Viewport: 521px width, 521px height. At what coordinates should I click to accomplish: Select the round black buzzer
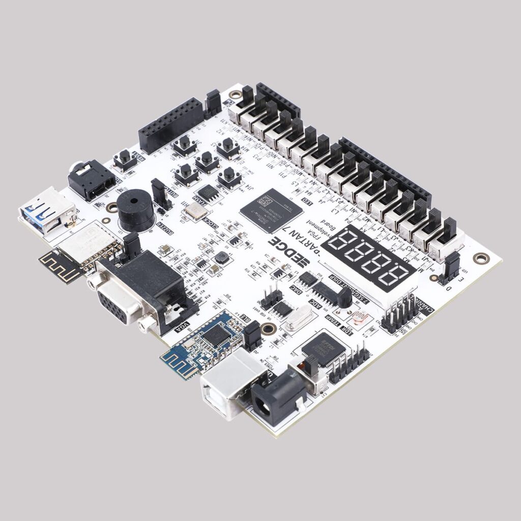135,210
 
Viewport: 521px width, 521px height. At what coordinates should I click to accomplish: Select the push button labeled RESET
125,159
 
